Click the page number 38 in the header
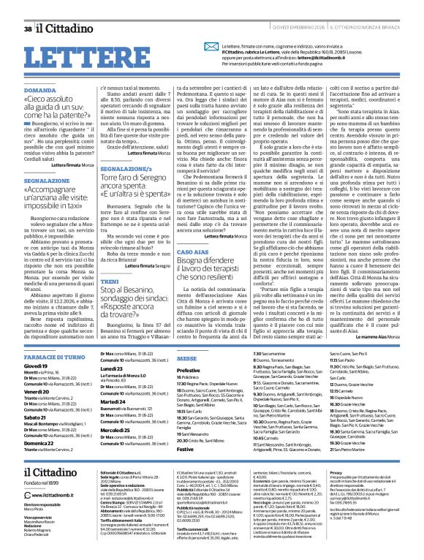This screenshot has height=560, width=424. (28, 8)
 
